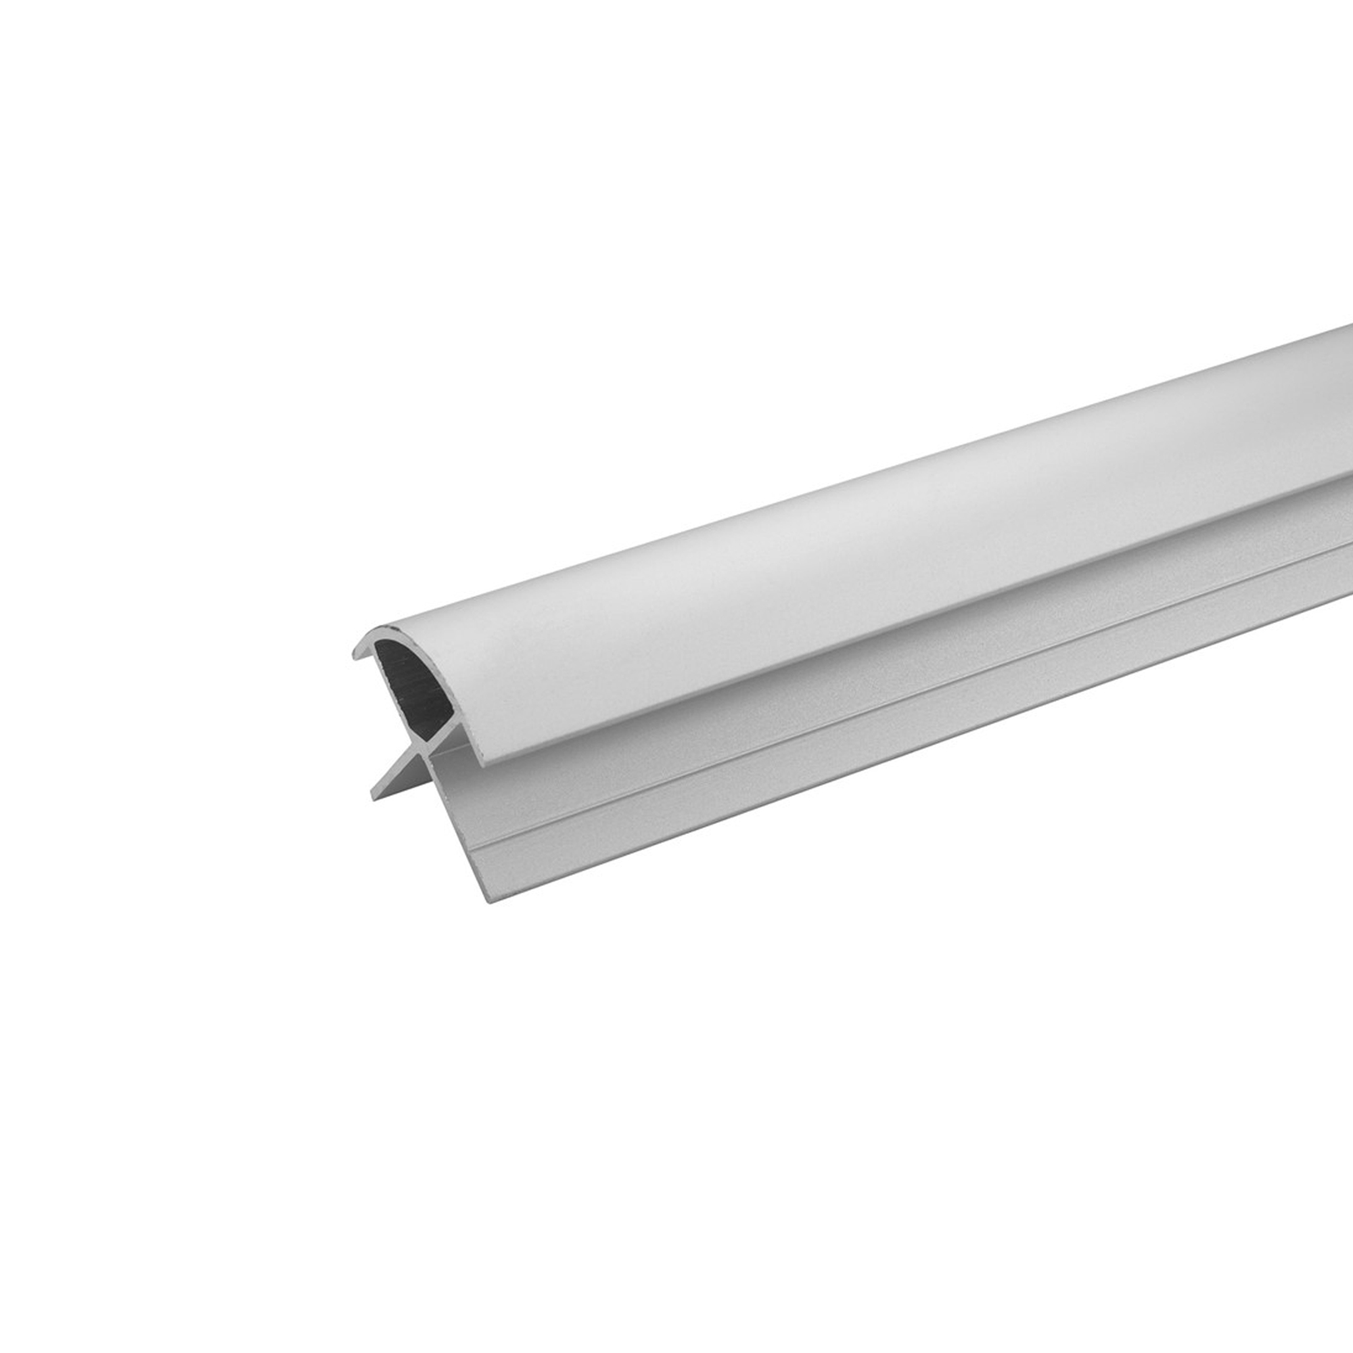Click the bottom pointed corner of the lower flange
490,901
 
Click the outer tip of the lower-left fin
374,796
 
